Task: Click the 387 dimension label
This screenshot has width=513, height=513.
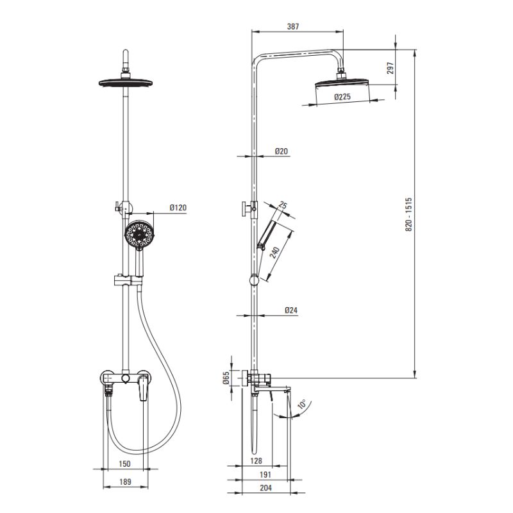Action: pyautogui.click(x=293, y=26)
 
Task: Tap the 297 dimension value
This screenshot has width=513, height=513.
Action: pyautogui.click(x=391, y=68)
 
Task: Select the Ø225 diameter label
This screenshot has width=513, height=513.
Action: pyautogui.click(x=342, y=97)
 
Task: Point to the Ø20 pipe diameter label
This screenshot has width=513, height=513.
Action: pyautogui.click(x=282, y=151)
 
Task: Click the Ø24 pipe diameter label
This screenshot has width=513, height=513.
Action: pyautogui.click(x=291, y=310)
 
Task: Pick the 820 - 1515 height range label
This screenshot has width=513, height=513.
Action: pyautogui.click(x=409, y=214)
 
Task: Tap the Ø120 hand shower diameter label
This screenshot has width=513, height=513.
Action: pyautogui.click(x=178, y=207)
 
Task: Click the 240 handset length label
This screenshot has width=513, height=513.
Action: pyautogui.click(x=275, y=253)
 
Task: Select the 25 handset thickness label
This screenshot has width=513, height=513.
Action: pyautogui.click(x=283, y=205)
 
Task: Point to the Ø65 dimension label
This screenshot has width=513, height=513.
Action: pyautogui.click(x=226, y=378)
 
